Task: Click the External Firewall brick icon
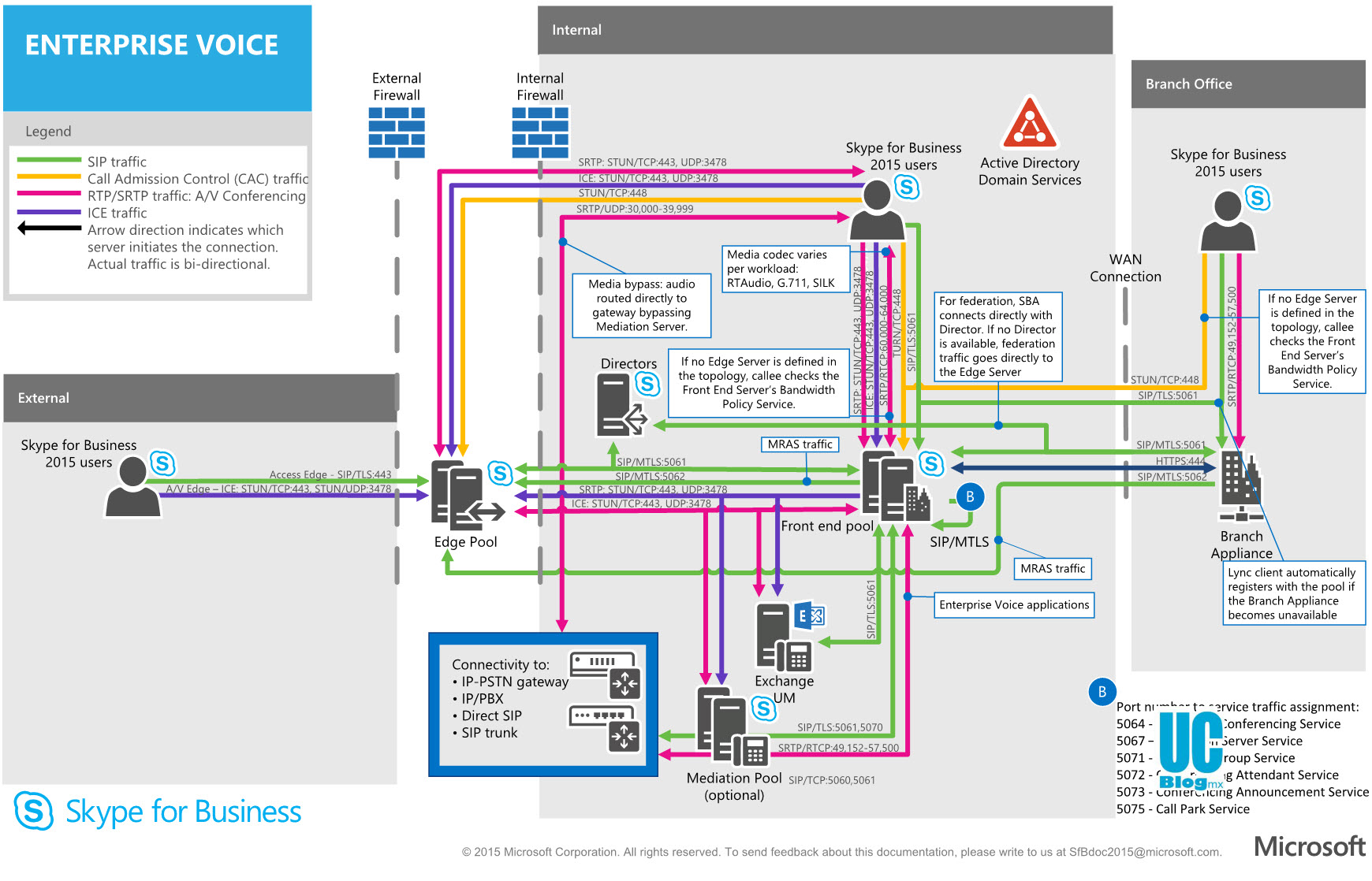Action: (397, 132)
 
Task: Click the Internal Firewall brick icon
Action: (540, 132)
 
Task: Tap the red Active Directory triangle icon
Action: (1029, 124)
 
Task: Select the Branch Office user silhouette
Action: (1227, 222)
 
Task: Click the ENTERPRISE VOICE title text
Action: (151, 46)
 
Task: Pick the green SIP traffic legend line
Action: (49, 161)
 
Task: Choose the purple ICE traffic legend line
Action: (49, 212)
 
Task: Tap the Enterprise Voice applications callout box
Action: (1014, 605)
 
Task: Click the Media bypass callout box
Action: (641, 305)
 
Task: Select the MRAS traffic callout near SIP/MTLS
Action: (1053, 568)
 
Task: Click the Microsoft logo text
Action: (1310, 847)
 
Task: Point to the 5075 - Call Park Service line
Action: (1183, 809)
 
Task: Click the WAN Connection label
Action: (1125, 268)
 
